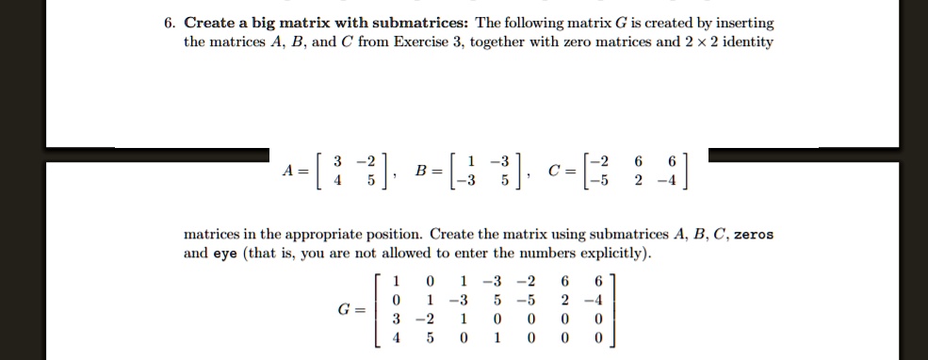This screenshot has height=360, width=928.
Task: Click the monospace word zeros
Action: coord(752,235)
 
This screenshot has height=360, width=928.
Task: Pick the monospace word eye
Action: coord(223,254)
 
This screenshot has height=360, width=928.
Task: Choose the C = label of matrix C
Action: coord(562,171)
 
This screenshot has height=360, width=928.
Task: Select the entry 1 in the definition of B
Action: coord(473,161)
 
